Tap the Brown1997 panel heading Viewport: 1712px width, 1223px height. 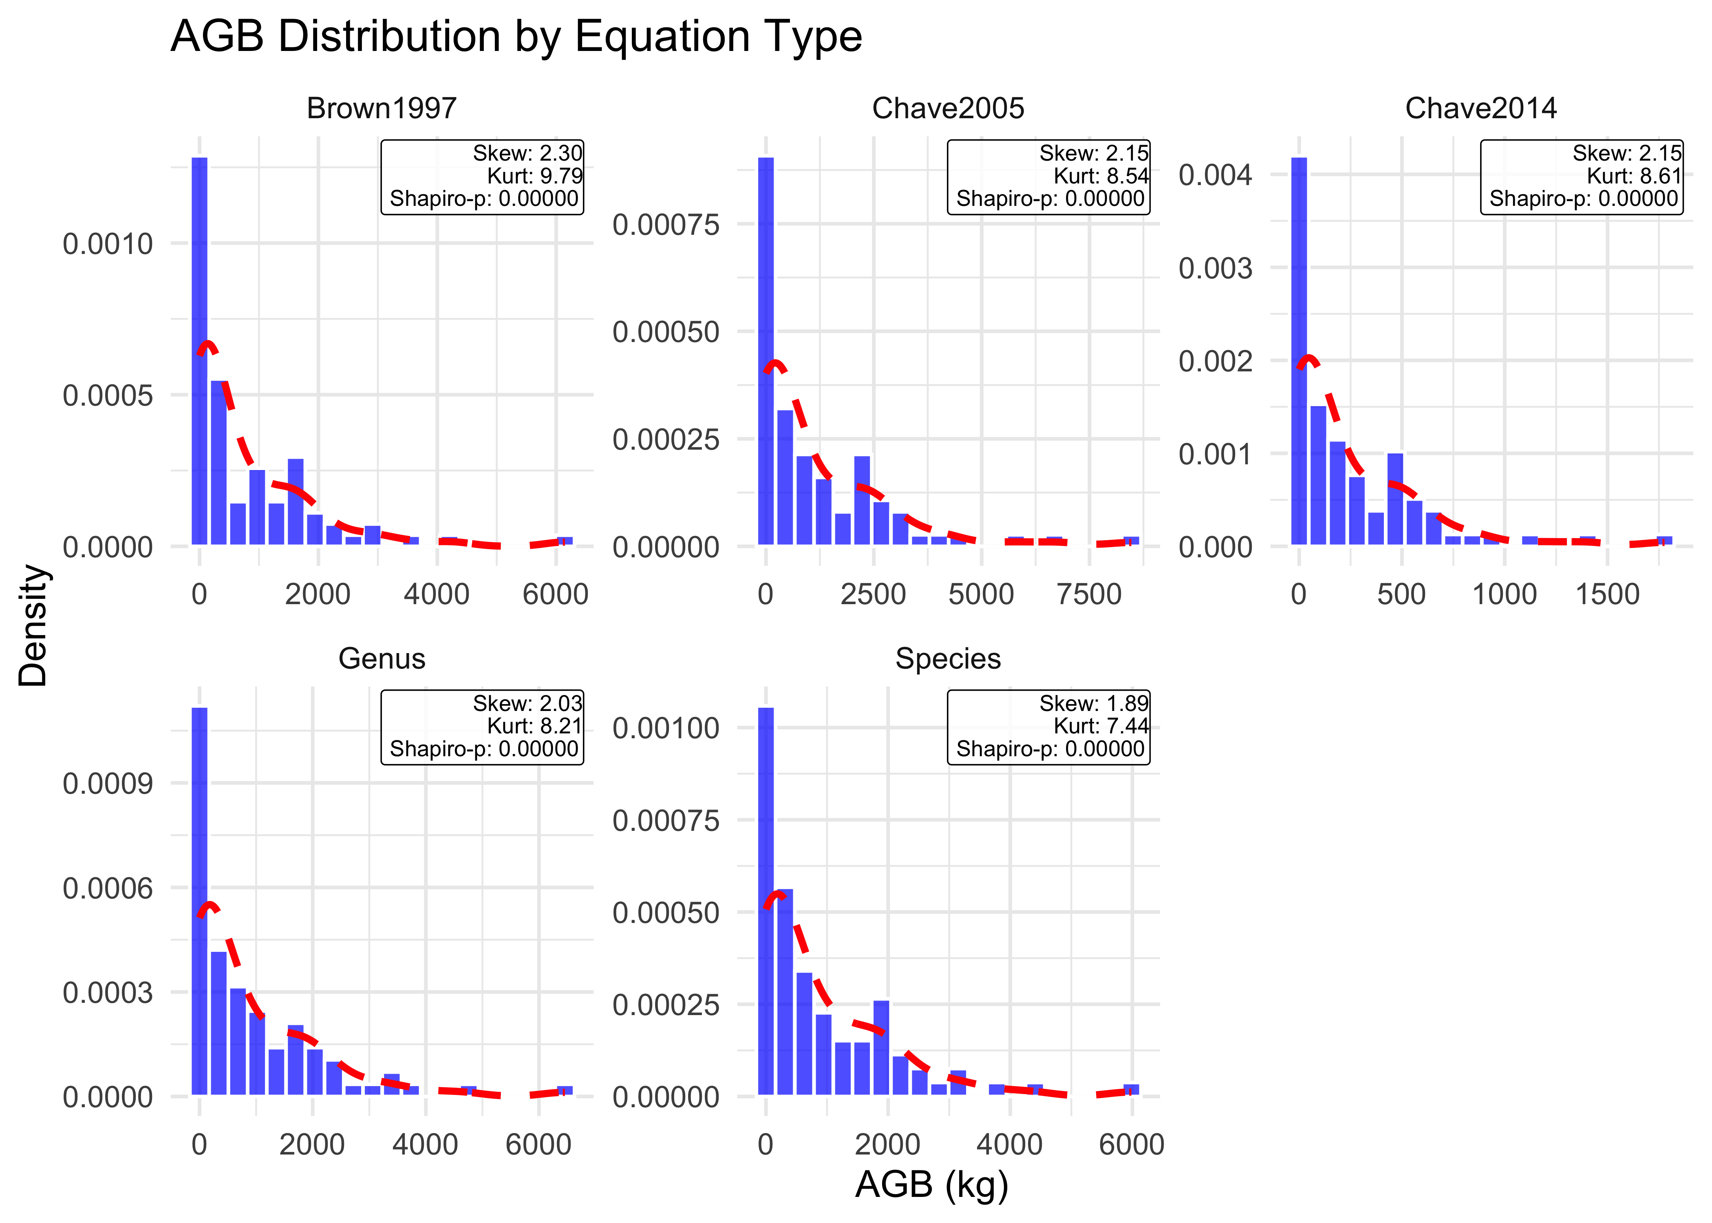pyautogui.click(x=381, y=108)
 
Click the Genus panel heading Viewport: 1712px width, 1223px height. pyautogui.click(x=381, y=659)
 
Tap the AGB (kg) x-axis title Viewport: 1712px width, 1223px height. pyautogui.click(x=931, y=1185)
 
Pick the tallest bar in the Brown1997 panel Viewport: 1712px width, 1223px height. pyautogui.click(x=199, y=350)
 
